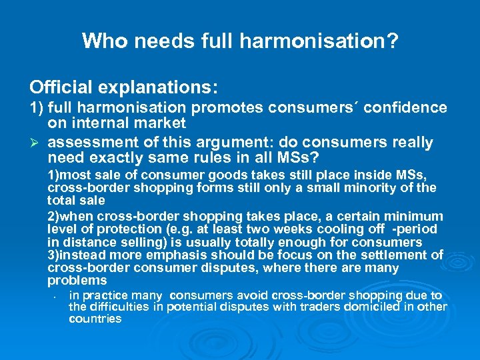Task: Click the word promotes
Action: tap(224, 107)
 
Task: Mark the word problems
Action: tap(77, 281)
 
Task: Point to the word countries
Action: tap(95, 319)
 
